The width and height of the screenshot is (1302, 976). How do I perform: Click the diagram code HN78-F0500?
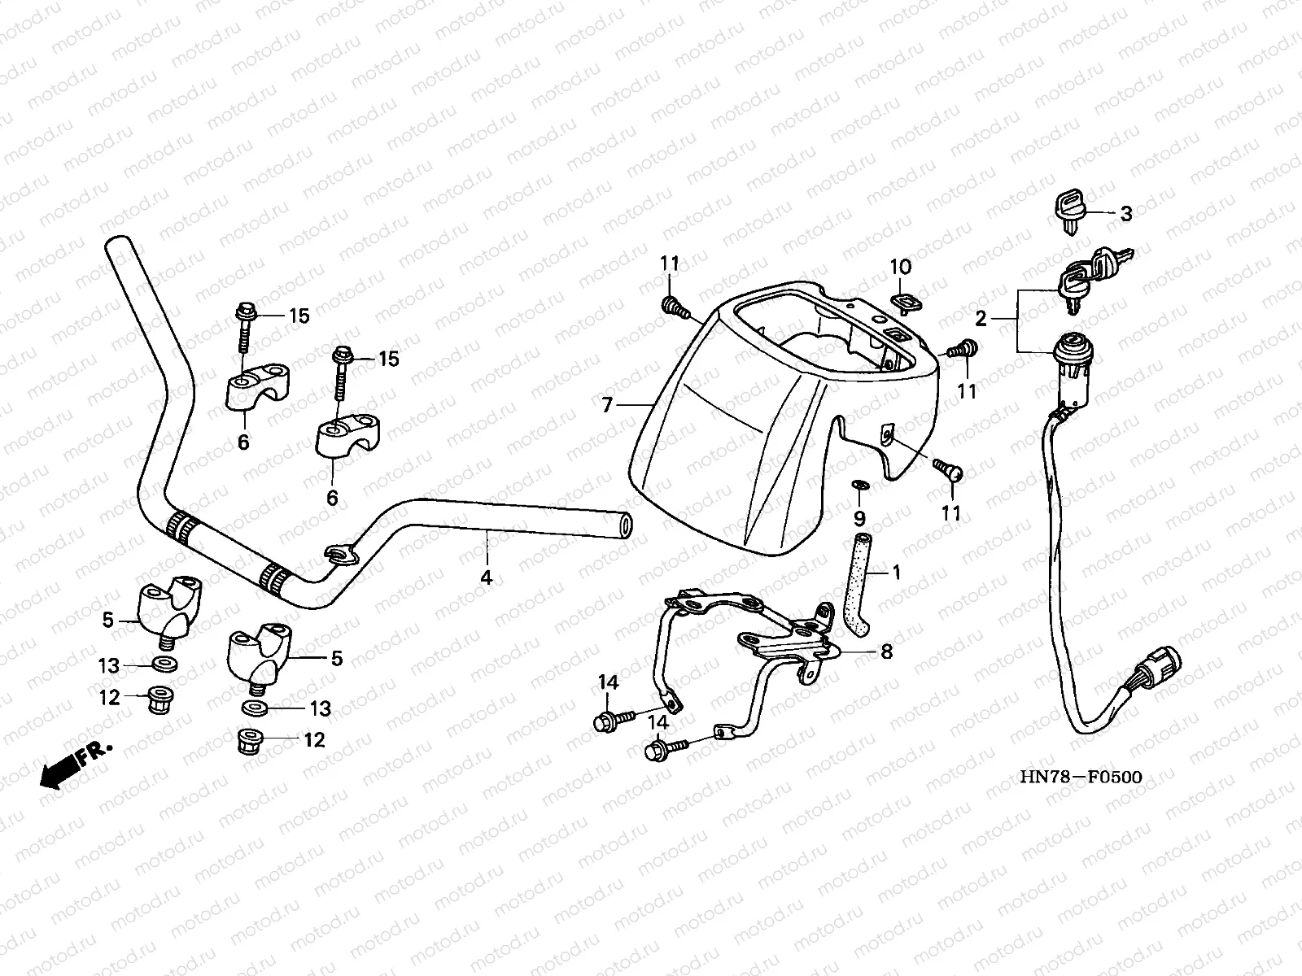(x=1081, y=777)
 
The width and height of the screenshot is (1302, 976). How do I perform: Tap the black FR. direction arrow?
(x=59, y=773)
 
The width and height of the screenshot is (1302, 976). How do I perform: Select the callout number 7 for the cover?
(x=607, y=405)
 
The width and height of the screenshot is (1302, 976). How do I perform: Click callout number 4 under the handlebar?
(x=487, y=577)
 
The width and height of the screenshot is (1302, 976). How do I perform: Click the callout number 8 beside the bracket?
(x=886, y=651)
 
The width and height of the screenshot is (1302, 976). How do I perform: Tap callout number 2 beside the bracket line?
(x=981, y=319)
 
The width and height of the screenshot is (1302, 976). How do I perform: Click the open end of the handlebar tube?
(x=625, y=526)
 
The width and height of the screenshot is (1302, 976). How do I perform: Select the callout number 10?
(x=901, y=268)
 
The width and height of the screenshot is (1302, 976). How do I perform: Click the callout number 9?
(x=859, y=519)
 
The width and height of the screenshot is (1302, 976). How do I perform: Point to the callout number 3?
(x=1126, y=213)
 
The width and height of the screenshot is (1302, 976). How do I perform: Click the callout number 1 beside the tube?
(x=897, y=573)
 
